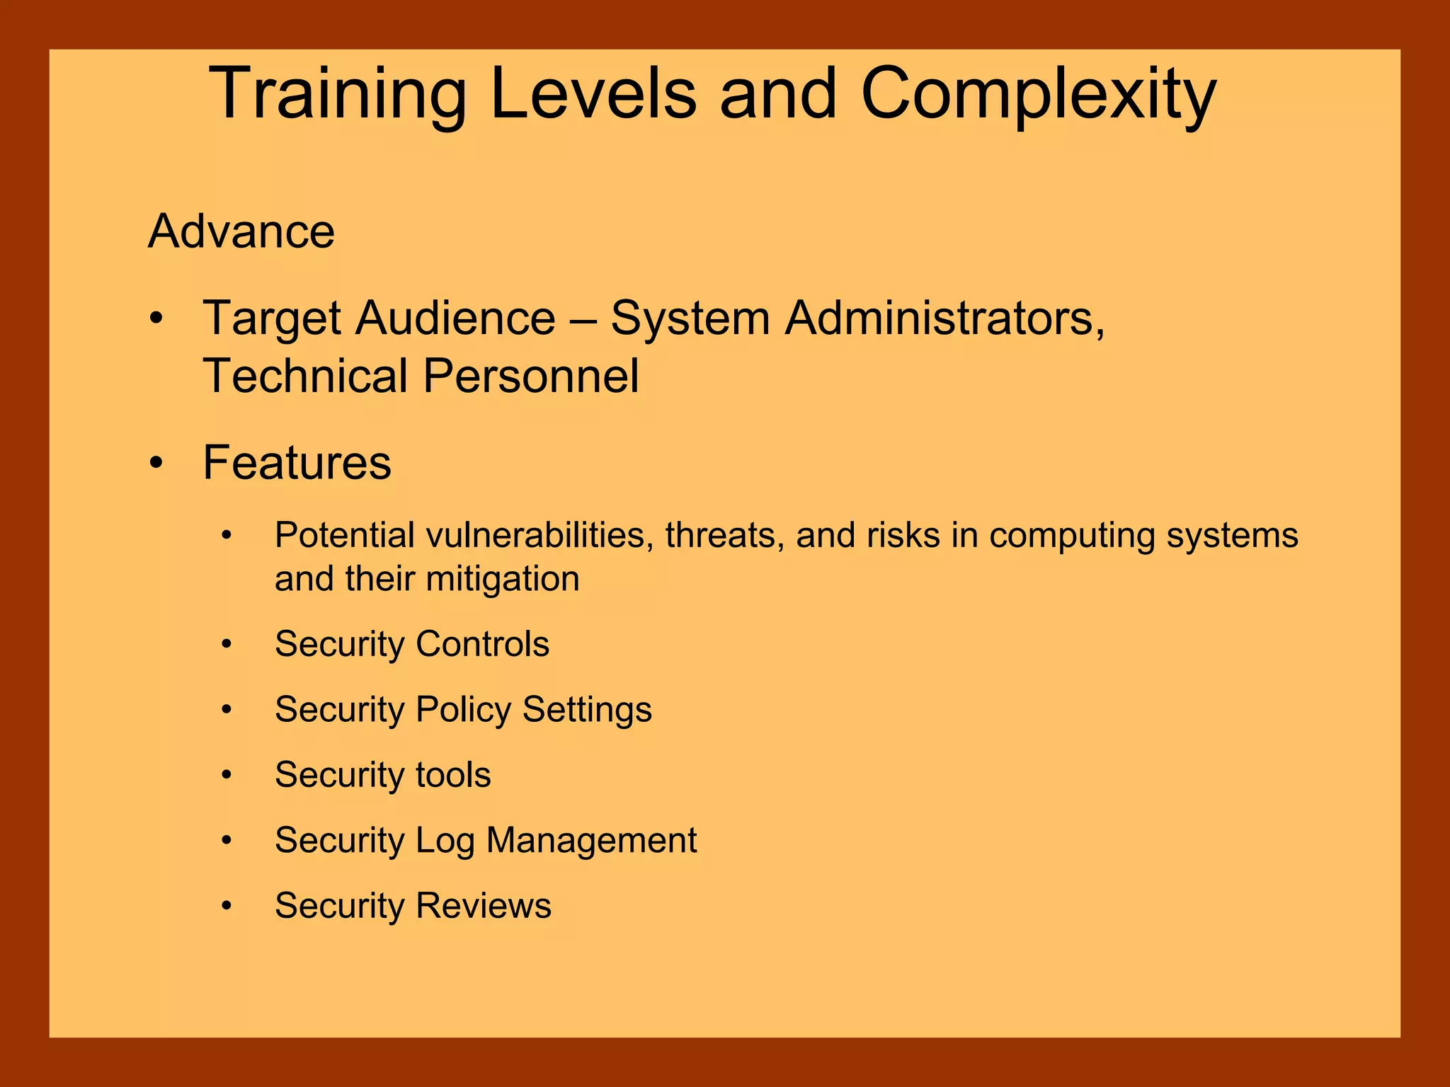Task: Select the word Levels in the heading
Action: pyautogui.click(x=593, y=94)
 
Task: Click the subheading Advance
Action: pyautogui.click(x=241, y=231)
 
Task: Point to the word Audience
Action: pyautogui.click(x=455, y=318)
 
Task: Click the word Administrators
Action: pyautogui.click(x=944, y=318)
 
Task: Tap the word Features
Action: pyautogui.click(x=297, y=463)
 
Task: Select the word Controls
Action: pyautogui.click(x=482, y=644)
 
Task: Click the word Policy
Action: pyautogui.click(x=463, y=710)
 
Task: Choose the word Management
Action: pyautogui.click(x=591, y=841)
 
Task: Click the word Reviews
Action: pyautogui.click(x=483, y=906)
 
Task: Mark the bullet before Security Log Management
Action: pyautogui.click(x=227, y=841)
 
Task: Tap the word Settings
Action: pyautogui.click(x=587, y=710)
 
